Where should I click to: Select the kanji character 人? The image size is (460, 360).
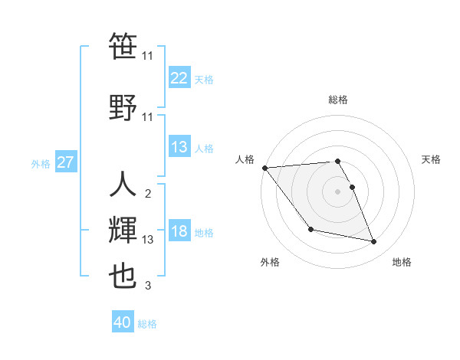pos(123,184)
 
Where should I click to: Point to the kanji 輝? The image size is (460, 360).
pos(123,230)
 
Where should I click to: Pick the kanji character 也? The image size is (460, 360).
pos(123,277)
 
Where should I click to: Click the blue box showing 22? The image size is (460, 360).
pos(179,78)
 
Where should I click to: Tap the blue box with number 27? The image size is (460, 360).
pos(66,162)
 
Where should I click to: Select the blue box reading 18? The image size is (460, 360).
pos(179,232)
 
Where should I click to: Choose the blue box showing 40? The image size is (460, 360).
pos(123,322)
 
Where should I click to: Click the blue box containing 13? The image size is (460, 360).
pos(179,147)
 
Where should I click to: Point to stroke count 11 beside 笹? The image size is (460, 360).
pos(148,56)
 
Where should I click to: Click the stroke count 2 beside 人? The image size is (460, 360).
pos(148,193)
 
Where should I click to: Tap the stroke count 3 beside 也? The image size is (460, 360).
pos(148,286)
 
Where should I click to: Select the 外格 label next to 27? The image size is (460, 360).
pos(41,163)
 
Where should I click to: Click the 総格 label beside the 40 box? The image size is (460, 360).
pos(147,324)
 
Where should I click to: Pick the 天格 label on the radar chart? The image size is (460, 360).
pos(432,159)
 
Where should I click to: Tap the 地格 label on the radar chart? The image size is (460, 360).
pos(402,262)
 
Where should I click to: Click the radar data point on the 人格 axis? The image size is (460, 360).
pos(264,168)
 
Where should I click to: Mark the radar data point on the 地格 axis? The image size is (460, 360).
pos(374,242)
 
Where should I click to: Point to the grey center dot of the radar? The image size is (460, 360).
pos(337,191)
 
